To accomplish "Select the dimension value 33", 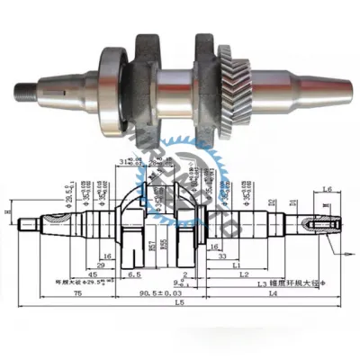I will pyautogui.click(x=220, y=256).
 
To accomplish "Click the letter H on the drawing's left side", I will pyautogui.click(x=7, y=212).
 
